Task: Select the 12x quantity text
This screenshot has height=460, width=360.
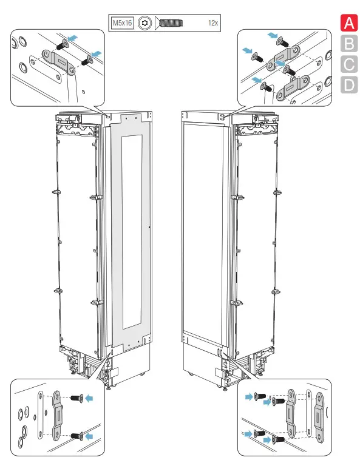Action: point(212,24)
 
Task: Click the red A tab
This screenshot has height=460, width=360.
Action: point(348,24)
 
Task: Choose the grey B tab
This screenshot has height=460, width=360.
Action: point(348,44)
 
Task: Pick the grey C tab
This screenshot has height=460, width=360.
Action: point(348,64)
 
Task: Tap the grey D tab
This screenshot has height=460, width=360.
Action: point(348,84)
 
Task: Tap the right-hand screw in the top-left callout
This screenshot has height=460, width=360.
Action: point(85,58)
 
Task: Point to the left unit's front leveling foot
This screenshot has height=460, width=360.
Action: point(109,388)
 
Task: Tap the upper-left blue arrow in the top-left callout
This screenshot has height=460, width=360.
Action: point(72,38)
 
